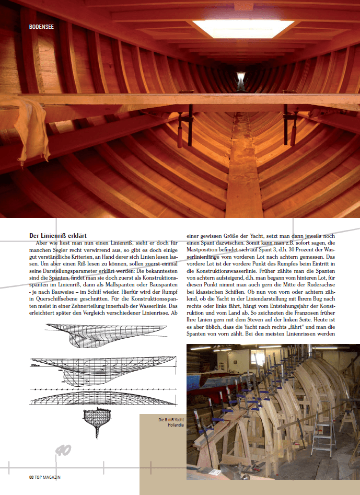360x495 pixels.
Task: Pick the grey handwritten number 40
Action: click(62, 450)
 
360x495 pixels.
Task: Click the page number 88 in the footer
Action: click(31, 477)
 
